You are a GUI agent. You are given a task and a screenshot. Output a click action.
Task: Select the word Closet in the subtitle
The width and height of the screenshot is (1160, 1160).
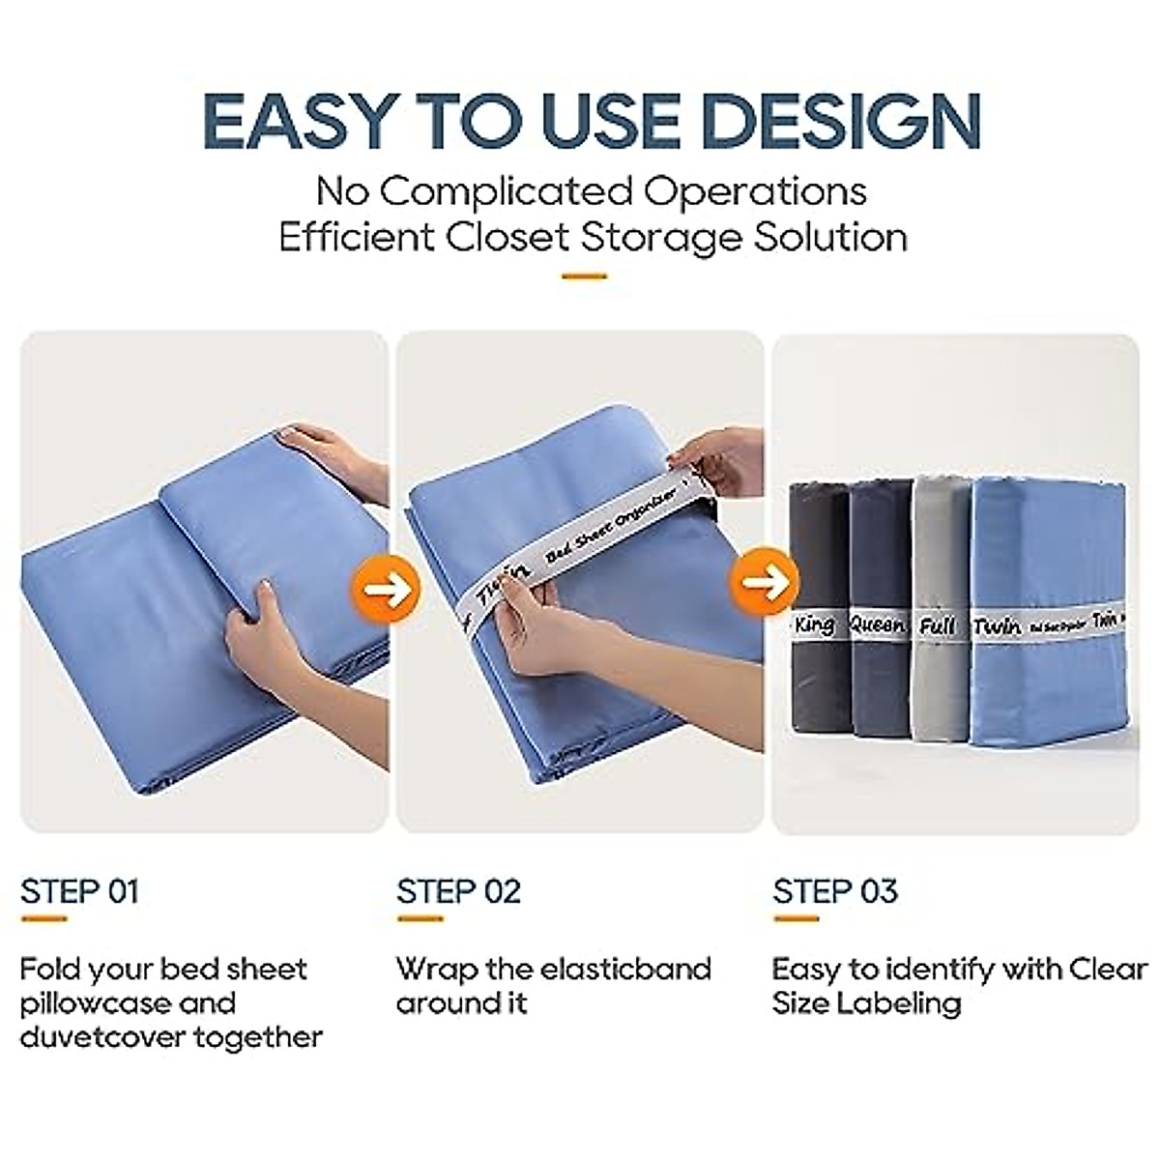(x=512, y=237)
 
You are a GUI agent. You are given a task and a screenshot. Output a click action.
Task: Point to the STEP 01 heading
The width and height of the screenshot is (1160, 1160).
(x=80, y=890)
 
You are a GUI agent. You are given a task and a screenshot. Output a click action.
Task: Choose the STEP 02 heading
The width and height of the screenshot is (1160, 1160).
(x=458, y=890)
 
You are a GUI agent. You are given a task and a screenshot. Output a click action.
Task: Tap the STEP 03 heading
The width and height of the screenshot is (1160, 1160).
(x=835, y=890)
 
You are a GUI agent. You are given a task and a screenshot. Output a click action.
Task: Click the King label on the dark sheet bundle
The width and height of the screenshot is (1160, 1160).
(x=814, y=624)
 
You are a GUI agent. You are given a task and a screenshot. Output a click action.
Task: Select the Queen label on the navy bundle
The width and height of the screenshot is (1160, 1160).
(x=877, y=625)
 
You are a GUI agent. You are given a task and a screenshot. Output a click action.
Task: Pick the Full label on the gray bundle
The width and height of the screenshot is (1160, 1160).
(x=937, y=625)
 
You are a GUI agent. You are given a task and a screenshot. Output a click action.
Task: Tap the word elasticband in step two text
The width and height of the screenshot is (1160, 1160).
(x=627, y=969)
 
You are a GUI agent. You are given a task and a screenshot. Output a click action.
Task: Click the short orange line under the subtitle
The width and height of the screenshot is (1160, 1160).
(x=584, y=276)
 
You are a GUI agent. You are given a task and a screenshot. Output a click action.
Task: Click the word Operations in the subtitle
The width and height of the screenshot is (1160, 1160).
(x=756, y=190)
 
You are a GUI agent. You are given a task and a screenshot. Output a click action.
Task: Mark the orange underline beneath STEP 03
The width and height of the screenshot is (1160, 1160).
(x=795, y=919)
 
